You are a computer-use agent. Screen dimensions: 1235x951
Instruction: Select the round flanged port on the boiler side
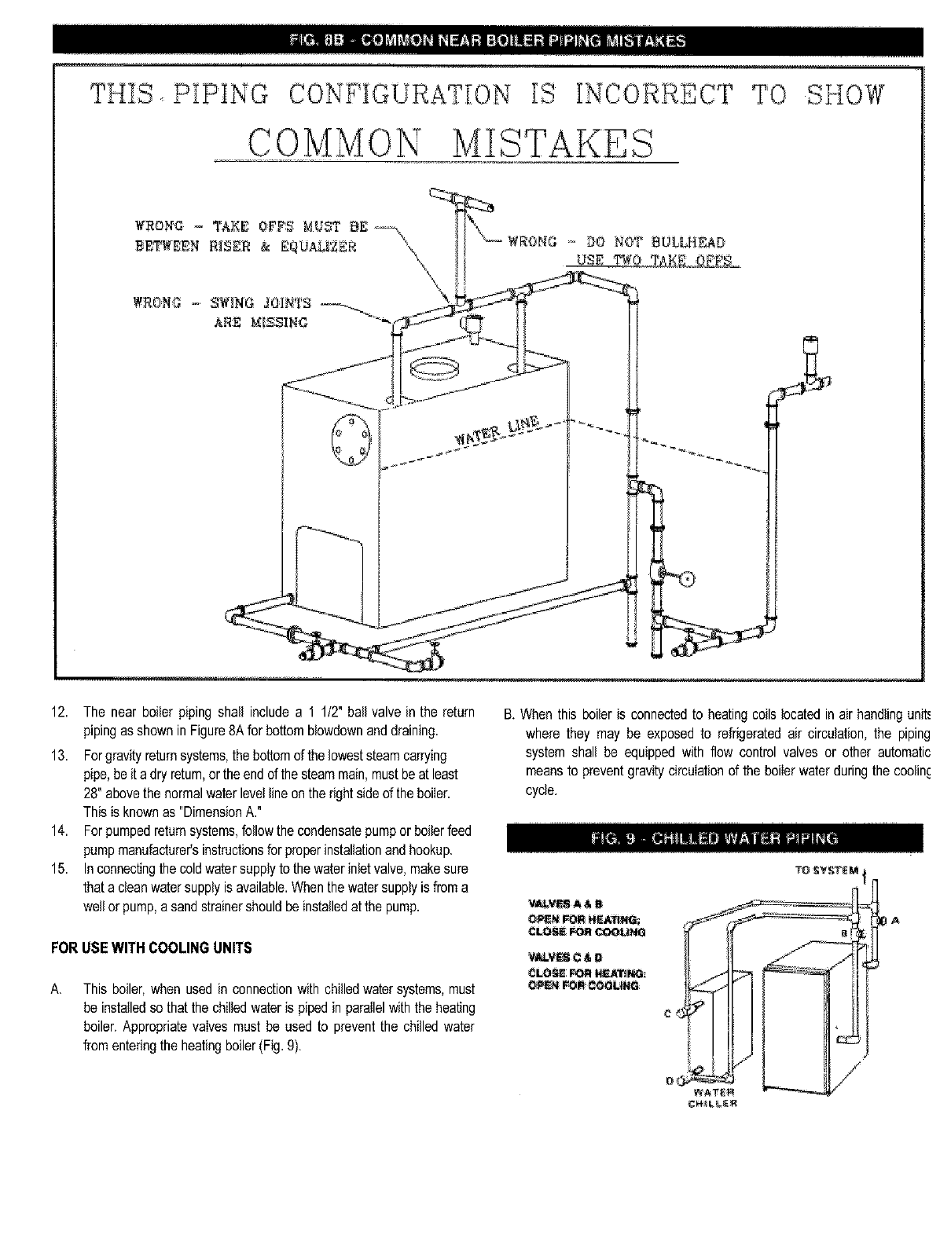(348, 439)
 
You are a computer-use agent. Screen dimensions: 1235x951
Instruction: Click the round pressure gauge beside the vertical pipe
(687, 579)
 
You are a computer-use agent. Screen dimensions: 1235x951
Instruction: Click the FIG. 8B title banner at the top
(487, 41)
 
